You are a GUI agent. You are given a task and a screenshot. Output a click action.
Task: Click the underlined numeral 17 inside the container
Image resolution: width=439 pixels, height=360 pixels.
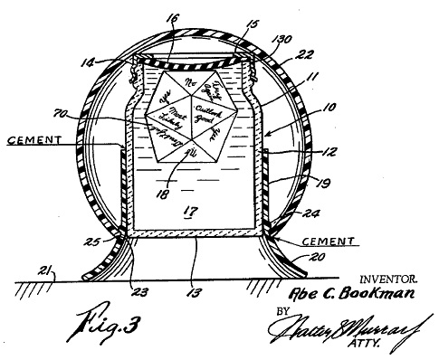tap(191, 214)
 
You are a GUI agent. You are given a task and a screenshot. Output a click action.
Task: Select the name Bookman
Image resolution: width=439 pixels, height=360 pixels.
tap(371, 296)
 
